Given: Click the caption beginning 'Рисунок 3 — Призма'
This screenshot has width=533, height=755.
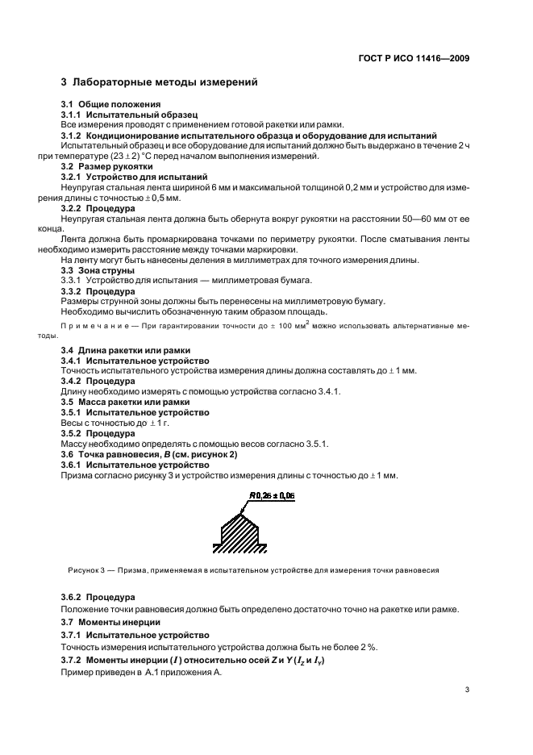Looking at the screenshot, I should tap(253, 569).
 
